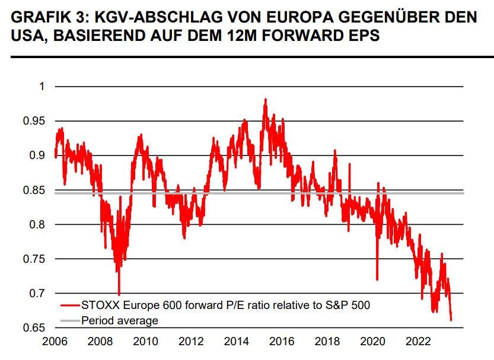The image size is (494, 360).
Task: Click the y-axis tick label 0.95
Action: coord(34,121)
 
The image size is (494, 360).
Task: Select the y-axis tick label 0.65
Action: coord(34,328)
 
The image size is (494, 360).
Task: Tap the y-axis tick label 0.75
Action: coord(34,259)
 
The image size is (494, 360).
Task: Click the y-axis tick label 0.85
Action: coord(34,190)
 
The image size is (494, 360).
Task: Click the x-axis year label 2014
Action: coord(237,342)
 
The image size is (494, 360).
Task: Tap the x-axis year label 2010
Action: coord(145,342)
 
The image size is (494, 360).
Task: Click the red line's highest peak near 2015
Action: coord(266,99)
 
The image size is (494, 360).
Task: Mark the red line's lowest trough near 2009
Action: coord(119,294)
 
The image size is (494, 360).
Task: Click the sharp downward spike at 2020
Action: coord(377,279)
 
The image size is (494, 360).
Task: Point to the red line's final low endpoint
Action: coord(451,320)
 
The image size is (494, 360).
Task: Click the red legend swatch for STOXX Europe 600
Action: coord(69,305)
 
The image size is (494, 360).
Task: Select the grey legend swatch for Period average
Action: coord(69,320)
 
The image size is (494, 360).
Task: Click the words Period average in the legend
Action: coord(120,320)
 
